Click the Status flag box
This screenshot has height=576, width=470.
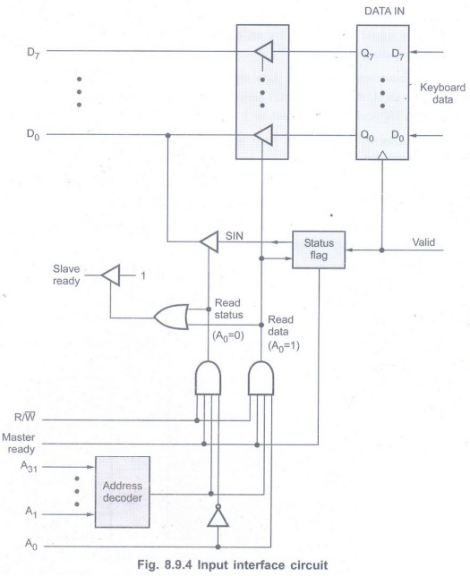point(319,250)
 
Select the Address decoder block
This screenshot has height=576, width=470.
point(123,492)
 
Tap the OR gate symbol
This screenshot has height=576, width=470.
point(171,317)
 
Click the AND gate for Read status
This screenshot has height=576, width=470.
point(209,378)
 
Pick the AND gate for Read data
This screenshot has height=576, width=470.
point(261,378)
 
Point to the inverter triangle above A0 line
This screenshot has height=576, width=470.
point(218,516)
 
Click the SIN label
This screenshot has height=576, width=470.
point(235,235)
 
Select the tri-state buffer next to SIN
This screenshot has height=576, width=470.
point(209,241)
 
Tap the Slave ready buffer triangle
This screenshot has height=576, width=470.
point(111,275)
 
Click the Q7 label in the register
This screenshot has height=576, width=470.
point(367,55)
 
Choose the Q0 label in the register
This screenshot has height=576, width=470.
point(367,136)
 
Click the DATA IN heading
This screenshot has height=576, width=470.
point(384,12)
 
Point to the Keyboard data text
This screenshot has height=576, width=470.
point(442,93)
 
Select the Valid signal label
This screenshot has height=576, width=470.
point(423,242)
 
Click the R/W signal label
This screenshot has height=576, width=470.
point(25,417)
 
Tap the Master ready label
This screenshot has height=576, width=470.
point(19,443)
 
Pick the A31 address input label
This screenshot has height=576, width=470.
point(29,467)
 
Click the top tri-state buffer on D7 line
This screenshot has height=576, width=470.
point(263,51)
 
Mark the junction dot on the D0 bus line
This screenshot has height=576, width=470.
point(168,136)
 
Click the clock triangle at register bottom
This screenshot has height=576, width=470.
point(382,156)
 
